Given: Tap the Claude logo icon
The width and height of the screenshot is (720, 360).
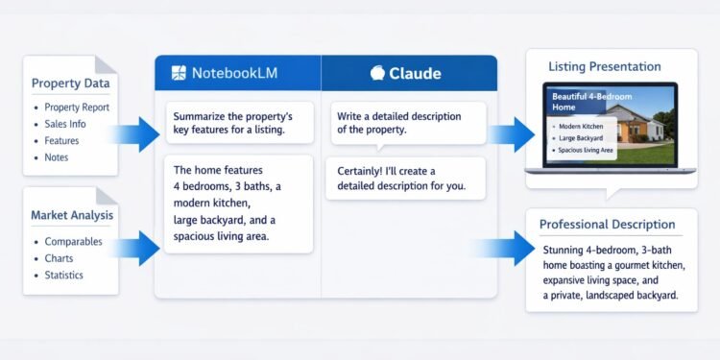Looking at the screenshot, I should point(377,73).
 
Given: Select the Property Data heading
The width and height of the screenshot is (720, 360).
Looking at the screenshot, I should point(68,84).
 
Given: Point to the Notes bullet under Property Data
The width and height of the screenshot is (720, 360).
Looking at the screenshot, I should point(56,156).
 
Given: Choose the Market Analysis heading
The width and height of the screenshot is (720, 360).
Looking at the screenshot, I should point(72,215).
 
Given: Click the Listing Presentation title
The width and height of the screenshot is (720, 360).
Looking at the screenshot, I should point(604,67).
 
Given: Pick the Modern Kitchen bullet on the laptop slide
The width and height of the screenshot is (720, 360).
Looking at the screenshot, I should point(581,126).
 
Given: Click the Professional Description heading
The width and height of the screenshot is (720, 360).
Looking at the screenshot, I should point(607,225).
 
